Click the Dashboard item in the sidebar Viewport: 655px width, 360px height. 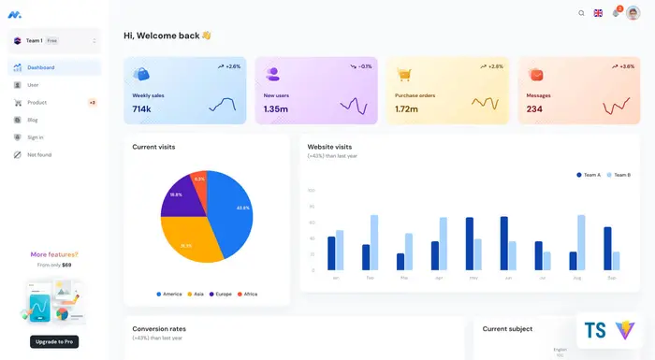tap(40, 67)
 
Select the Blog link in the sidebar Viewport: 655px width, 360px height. tap(33, 120)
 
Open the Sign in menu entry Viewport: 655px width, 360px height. tap(35, 137)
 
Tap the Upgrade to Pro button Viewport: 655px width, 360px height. tap(54, 341)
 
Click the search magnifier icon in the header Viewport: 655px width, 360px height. tap(581, 13)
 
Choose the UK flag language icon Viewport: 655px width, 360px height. tap(598, 13)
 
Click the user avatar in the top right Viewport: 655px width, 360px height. tap(633, 13)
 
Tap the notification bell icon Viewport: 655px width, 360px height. tap(616, 13)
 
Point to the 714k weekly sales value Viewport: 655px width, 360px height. tap(141, 109)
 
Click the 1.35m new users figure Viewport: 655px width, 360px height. tap(276, 109)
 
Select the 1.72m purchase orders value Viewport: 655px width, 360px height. tap(406, 109)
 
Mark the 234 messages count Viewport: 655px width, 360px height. tap(534, 109)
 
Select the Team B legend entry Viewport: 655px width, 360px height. tap(619, 175)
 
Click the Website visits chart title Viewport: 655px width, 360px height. tap(329, 147)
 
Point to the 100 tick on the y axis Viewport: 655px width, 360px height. tap(311, 190)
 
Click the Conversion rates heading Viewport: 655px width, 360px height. tap(159, 329)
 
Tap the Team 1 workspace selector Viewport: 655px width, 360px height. tap(54, 40)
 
